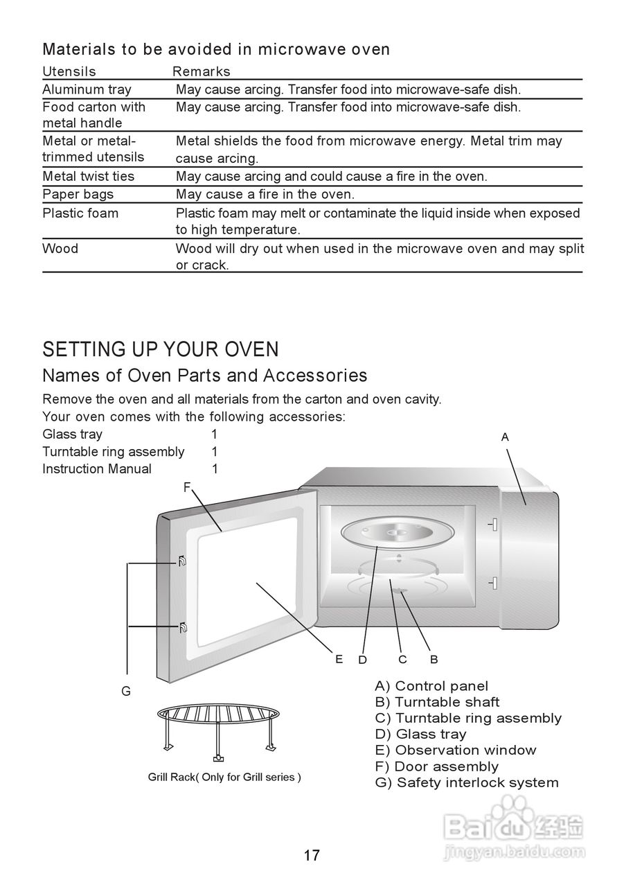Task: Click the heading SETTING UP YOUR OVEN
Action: point(161,349)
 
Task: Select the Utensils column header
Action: point(69,71)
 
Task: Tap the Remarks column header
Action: point(201,71)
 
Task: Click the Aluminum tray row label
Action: point(87,89)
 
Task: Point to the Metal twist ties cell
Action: point(89,176)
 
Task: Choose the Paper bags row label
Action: point(78,194)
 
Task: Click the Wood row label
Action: point(60,248)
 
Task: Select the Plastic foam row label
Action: point(80,213)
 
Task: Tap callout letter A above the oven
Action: point(505,437)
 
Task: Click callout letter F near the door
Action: point(186,487)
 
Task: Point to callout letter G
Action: point(126,691)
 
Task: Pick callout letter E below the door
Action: point(339,659)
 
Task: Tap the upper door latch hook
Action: point(181,561)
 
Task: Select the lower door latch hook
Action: point(182,628)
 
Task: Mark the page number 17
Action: point(312,855)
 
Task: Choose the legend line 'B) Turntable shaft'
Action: point(437,702)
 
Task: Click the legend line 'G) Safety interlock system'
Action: point(467,782)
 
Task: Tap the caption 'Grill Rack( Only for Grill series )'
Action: point(224,777)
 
